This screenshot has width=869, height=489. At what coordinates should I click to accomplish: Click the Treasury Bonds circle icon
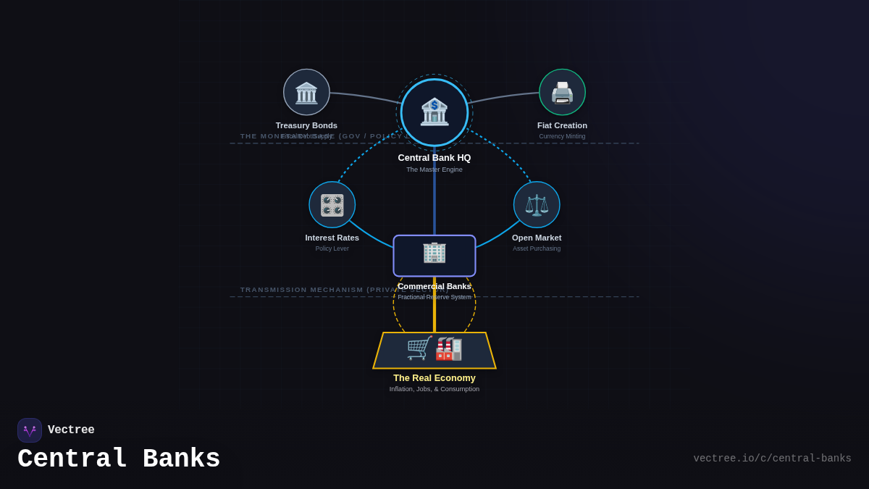coord(306,92)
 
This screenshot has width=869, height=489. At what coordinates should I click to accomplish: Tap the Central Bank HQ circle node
coord(434,112)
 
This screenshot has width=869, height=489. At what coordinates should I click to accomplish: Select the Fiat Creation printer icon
coord(562,92)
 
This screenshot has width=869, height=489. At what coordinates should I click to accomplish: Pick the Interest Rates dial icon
coord(332,205)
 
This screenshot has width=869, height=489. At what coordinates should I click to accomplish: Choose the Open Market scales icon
coord(537,205)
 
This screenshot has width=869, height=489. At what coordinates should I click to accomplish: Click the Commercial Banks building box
coord(434,255)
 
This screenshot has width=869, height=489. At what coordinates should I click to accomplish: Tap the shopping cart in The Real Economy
coord(419,348)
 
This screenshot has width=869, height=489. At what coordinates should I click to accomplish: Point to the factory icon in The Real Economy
coord(449,348)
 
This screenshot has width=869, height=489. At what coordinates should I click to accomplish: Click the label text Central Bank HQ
coord(434,158)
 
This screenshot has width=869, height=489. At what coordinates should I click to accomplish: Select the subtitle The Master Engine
coord(434,170)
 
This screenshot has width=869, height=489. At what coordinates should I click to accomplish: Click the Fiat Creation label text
coord(562,125)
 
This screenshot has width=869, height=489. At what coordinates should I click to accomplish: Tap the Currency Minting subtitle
coord(562,136)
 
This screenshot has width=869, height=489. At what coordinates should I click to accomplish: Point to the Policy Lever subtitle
coord(332,248)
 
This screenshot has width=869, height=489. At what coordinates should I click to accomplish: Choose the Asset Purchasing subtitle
coord(537,248)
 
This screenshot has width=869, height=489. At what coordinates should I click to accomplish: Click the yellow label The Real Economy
coord(434,378)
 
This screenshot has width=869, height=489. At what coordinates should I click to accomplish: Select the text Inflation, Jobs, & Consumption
coord(434,389)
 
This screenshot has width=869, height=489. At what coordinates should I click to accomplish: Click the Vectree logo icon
coord(30,430)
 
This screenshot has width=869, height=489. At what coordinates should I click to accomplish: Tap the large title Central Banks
coord(119,459)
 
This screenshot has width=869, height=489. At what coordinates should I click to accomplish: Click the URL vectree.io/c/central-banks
coord(772,459)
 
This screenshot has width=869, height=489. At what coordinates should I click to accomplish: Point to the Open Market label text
coord(537,238)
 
